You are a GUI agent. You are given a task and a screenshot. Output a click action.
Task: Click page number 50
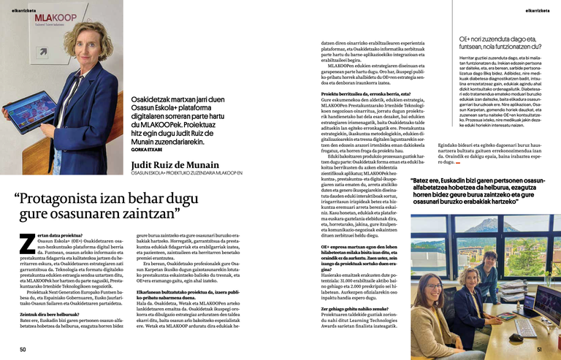(x=23, y=350)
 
